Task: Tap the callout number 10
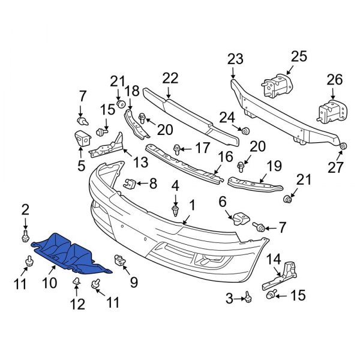point(50,282)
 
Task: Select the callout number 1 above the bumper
point(192,205)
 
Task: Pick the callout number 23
point(235,59)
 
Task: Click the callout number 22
point(170,77)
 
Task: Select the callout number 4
point(175,187)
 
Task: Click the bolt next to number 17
point(177,148)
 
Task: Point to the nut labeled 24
point(245,131)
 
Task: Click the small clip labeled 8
point(128,182)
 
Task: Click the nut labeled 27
point(343,146)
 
